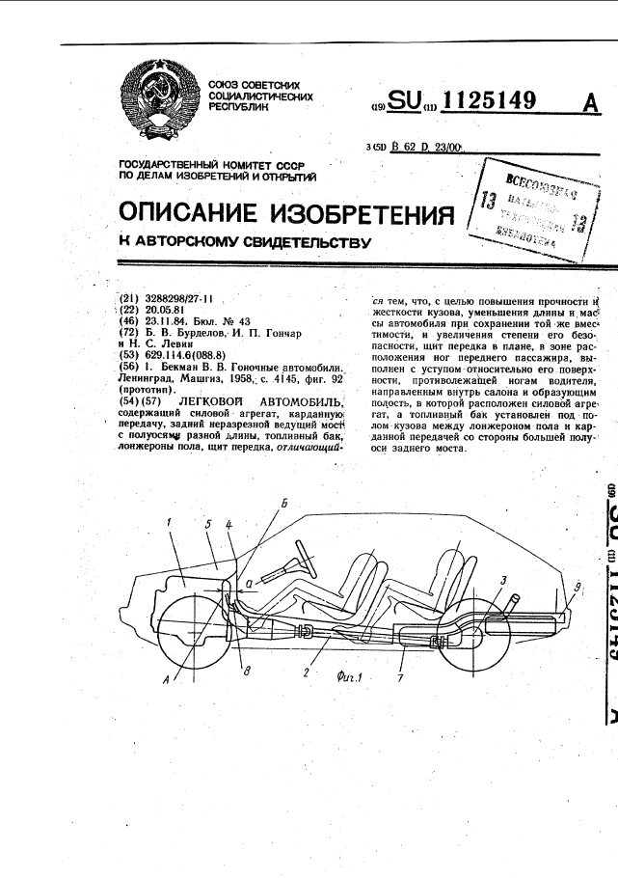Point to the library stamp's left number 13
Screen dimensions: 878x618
487,200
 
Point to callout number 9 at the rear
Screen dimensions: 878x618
577,586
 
